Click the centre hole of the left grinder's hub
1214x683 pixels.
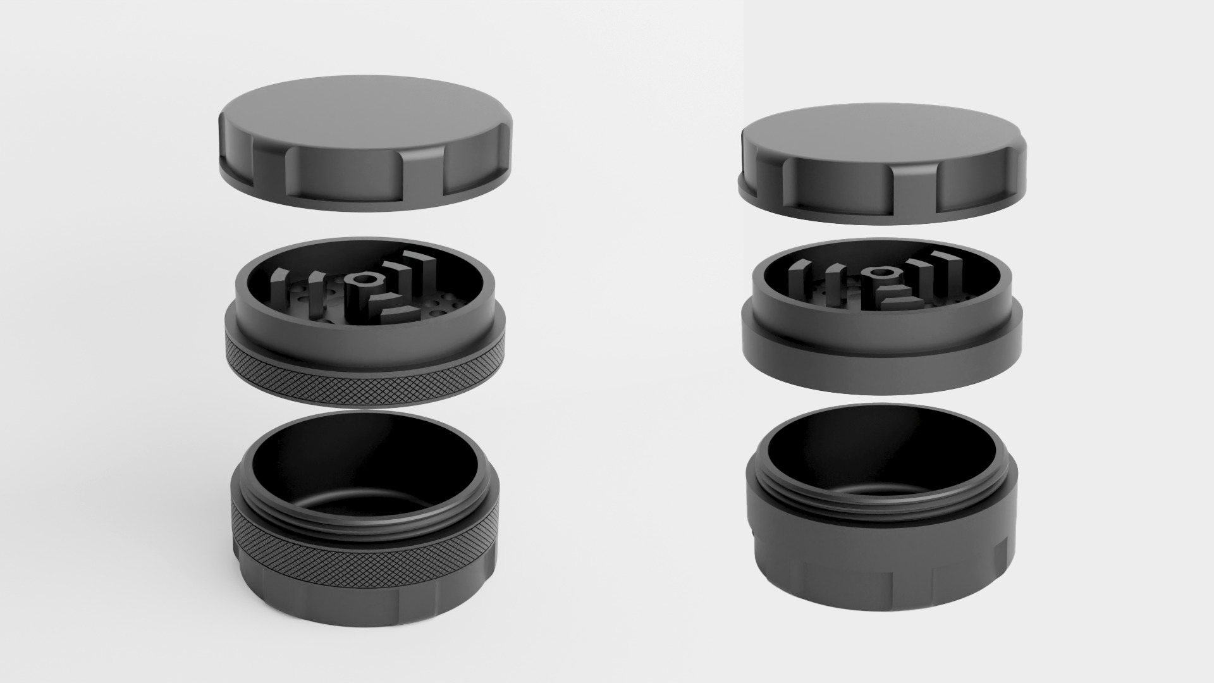[x=362, y=278]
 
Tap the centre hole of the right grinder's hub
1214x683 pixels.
[x=878, y=273]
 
